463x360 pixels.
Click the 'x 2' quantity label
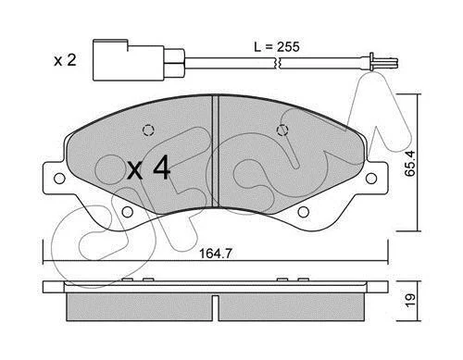click(65, 60)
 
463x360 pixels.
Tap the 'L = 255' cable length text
click(277, 47)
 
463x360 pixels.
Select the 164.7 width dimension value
click(216, 254)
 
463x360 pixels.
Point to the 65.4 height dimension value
click(410, 164)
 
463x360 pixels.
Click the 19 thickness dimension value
click(411, 301)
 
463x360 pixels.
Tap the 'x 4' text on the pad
click(149, 168)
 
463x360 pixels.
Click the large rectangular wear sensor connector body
click(129, 60)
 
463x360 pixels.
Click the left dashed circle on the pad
click(148, 130)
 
